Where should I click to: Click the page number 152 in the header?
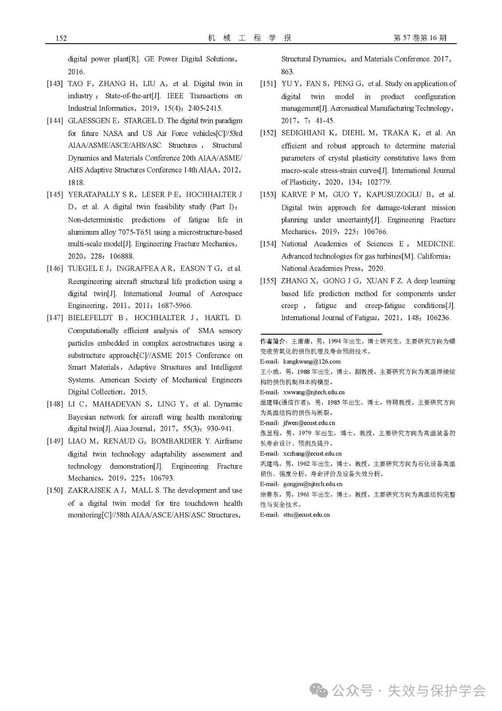pyautogui.click(x=61, y=38)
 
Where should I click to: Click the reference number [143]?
pyautogui.click(x=55, y=84)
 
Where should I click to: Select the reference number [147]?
pyautogui.click(x=55, y=318)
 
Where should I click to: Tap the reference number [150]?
pyautogui.click(x=55, y=491)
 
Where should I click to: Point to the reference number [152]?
pyautogui.click(x=268, y=133)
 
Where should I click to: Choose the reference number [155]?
pyautogui.click(x=268, y=281)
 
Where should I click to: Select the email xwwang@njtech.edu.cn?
pyautogui.click(x=314, y=392)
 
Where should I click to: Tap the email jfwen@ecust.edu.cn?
pyautogui.click(x=309, y=423)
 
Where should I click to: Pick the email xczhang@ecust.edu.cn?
pyautogui.click(x=312, y=453)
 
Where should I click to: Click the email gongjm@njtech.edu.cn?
pyautogui.click(x=313, y=484)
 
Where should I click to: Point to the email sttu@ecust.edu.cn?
pyautogui.click(x=306, y=515)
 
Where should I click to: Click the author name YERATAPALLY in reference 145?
pyautogui.click(x=94, y=194)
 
